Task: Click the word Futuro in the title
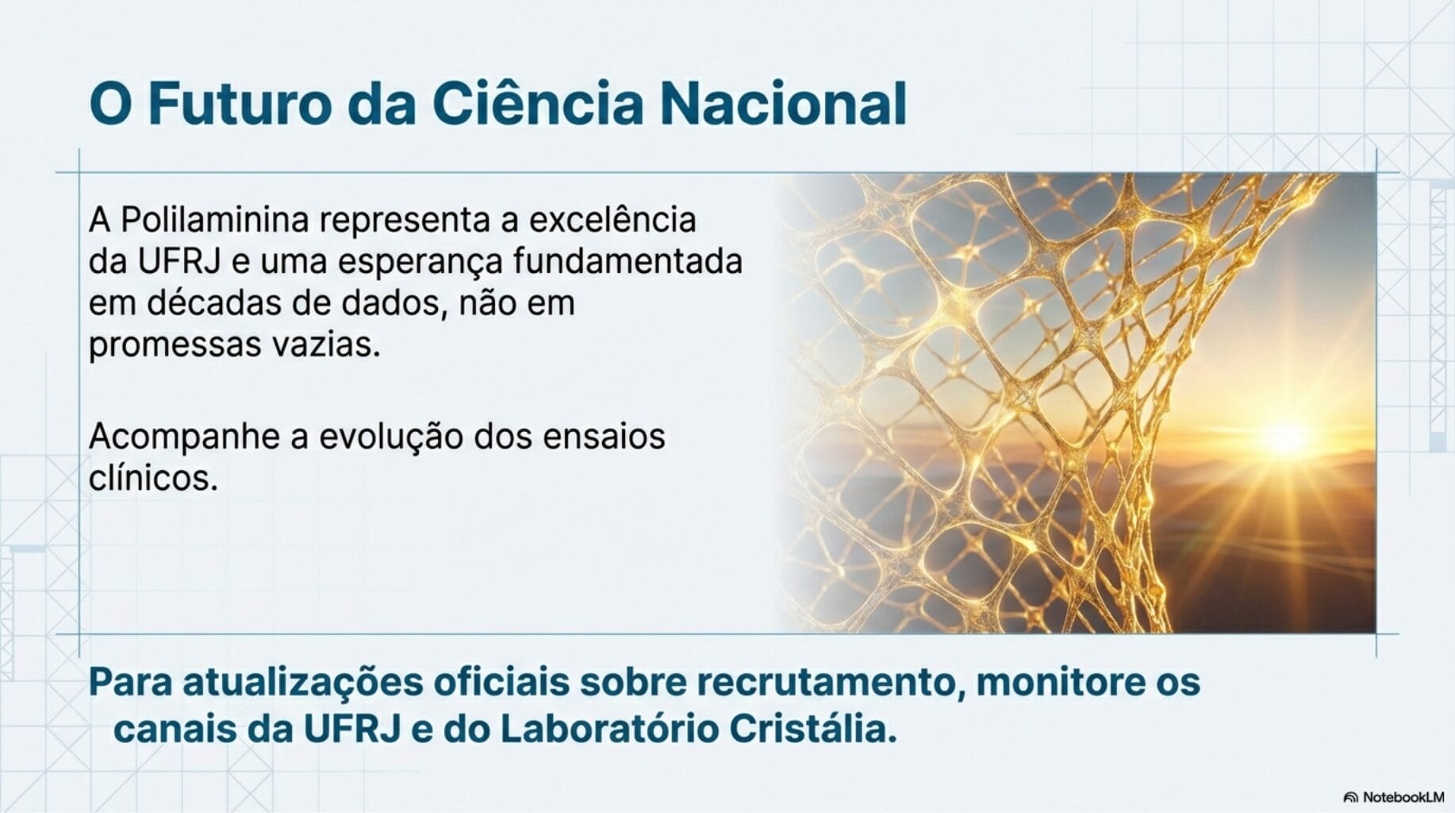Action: pos(239,104)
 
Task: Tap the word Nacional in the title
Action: pos(783,104)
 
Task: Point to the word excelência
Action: pos(612,220)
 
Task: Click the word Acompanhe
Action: pos(183,437)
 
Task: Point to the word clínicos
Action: pos(153,478)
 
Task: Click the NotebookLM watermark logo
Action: pos(1351,797)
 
